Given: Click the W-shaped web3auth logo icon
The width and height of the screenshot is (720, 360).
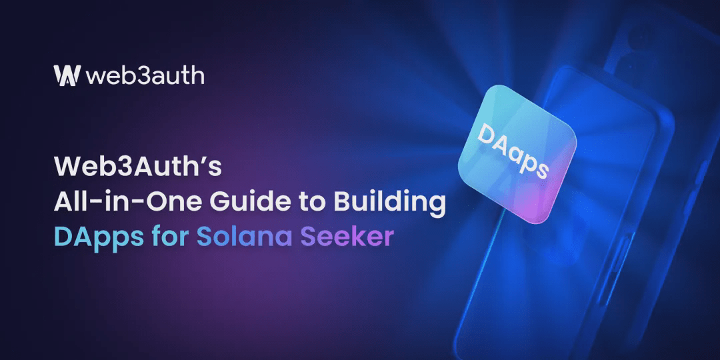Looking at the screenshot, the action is pos(67,75).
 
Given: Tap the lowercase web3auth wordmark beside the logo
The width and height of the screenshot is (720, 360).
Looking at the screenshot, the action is pos(145,76).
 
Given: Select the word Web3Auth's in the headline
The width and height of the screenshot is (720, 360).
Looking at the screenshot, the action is pos(138,167).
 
